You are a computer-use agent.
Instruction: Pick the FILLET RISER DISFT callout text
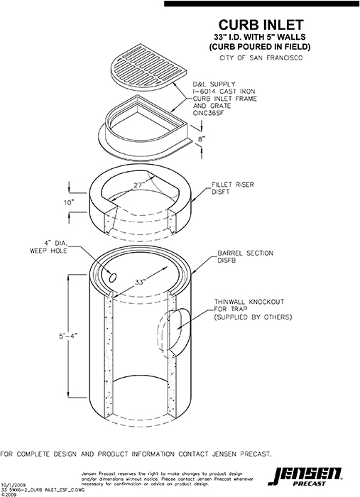tap(232, 188)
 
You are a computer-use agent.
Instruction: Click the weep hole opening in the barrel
tap(113, 275)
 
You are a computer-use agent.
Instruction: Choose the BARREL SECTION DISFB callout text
tap(246, 256)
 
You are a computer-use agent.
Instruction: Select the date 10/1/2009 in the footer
tap(13, 481)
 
